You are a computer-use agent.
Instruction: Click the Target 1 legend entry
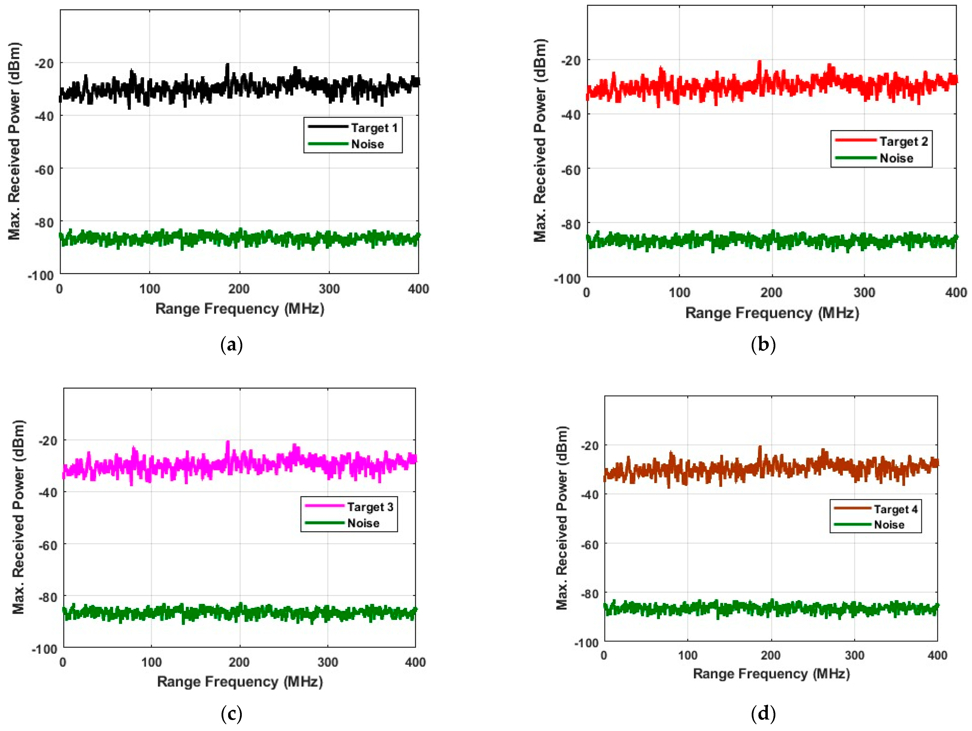(x=374, y=128)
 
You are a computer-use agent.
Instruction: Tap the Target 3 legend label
(x=370, y=507)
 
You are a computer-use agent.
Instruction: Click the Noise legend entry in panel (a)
(x=367, y=144)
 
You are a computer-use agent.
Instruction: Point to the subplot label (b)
(x=763, y=345)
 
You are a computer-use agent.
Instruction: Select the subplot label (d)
(x=763, y=714)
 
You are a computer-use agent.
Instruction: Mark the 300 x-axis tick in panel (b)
(x=864, y=293)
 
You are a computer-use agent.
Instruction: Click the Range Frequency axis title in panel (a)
(x=240, y=309)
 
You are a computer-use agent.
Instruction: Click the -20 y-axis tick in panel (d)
(x=589, y=446)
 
